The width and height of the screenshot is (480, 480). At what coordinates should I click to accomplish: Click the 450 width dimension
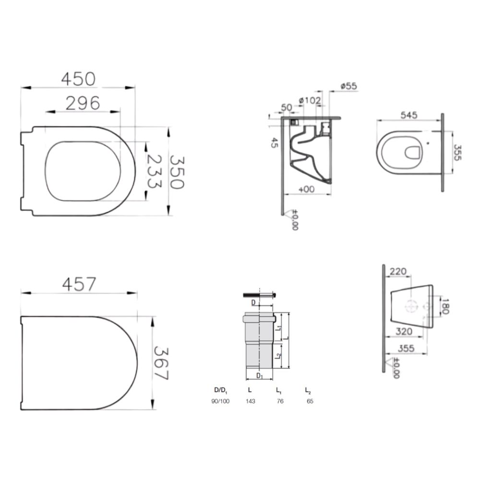click(78, 79)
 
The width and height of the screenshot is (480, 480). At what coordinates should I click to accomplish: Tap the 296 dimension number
click(83, 103)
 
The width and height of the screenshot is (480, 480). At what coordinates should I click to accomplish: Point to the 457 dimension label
click(79, 284)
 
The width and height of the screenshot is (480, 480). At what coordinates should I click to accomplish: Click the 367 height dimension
click(161, 363)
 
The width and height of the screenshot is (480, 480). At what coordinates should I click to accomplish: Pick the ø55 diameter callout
click(348, 86)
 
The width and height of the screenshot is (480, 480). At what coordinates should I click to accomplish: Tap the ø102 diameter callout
click(310, 100)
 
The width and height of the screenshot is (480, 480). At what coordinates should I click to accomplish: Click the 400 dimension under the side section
click(306, 190)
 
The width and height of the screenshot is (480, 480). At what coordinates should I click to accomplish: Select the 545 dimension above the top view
click(409, 115)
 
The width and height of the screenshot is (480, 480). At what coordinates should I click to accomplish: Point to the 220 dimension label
click(398, 271)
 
